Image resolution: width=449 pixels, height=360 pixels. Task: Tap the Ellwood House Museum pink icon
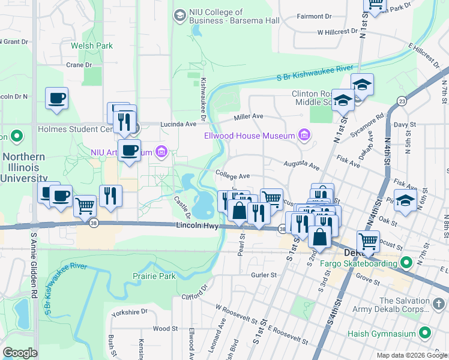(304, 136)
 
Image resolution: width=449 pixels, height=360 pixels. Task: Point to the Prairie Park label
(154, 277)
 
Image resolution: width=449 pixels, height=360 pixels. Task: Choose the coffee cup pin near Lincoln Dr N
(56, 98)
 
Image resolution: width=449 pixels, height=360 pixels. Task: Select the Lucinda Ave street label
(178, 124)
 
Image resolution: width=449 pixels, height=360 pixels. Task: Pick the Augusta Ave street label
(302, 164)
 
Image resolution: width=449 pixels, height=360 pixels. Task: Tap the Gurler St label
(264, 275)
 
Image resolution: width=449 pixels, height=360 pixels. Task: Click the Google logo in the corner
(20, 353)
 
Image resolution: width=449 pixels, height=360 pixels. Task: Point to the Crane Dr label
(79, 65)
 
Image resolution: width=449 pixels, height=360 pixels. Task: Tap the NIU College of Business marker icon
(179, 14)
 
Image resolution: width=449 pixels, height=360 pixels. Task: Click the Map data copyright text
(412, 355)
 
